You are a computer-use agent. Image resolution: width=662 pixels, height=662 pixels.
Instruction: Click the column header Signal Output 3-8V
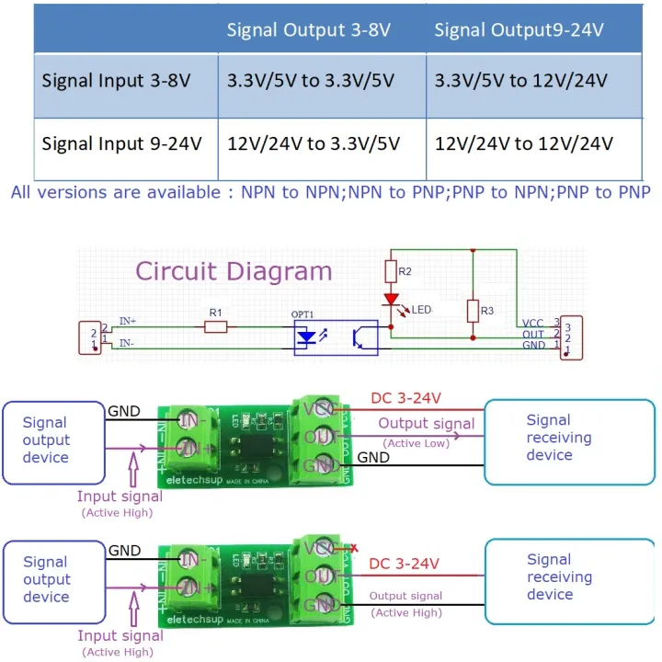coord(309,30)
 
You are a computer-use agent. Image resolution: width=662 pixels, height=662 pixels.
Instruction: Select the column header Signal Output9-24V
coord(519,30)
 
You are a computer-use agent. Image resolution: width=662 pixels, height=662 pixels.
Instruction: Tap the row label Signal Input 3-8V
coord(116,80)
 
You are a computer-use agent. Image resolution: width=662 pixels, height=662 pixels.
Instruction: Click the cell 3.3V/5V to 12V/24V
coord(520,80)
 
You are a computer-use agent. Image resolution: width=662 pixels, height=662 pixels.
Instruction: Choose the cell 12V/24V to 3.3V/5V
coord(313,143)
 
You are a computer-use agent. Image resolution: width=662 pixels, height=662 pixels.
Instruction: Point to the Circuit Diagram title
coord(234,271)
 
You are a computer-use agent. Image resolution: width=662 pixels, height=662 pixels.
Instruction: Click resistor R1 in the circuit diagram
coord(216,326)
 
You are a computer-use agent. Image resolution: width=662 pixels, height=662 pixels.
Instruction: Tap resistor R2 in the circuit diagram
coord(391,272)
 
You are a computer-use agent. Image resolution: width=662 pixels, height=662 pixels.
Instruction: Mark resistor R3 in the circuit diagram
coord(474,311)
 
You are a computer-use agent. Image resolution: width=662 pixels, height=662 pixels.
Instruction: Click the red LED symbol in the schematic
coord(391,300)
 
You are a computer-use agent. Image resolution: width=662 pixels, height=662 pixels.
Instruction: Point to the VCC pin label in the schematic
coord(532,324)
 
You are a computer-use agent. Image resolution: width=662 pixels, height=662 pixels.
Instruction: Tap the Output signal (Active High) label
coord(405,603)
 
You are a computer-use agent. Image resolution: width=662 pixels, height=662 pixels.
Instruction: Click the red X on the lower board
coord(354,549)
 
